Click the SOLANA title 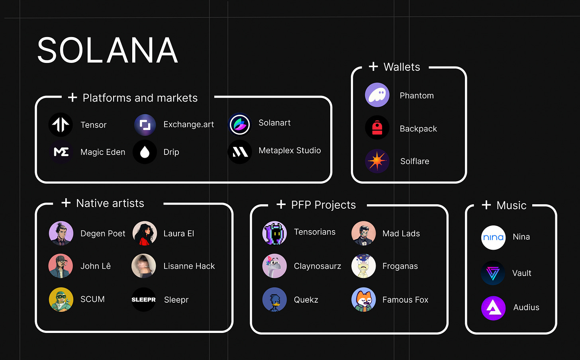(x=108, y=51)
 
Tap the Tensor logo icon (x=61, y=125)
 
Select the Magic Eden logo (x=61, y=152)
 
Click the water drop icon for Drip (x=145, y=152)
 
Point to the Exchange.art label (x=188, y=125)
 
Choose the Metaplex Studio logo (x=240, y=152)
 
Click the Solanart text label (x=274, y=123)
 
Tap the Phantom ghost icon (x=377, y=95)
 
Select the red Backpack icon (x=377, y=128)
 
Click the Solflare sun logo (x=377, y=161)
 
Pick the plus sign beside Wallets (x=373, y=67)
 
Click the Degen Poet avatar (x=61, y=233)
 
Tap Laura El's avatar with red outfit (x=145, y=233)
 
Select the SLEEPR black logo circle (x=144, y=299)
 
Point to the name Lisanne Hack (x=189, y=266)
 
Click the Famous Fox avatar (x=363, y=299)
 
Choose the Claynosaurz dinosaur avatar (x=274, y=266)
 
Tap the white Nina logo (x=493, y=237)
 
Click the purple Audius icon (x=493, y=308)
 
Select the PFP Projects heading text (x=323, y=205)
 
